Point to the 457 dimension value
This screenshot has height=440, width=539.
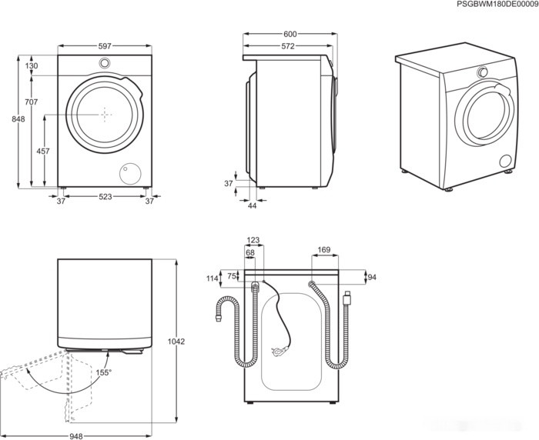(44, 152)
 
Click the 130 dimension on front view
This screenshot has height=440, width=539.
(31, 67)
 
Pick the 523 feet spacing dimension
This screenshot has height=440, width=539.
(105, 198)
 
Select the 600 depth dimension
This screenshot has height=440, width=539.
(290, 35)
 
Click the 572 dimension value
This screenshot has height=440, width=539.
(287, 47)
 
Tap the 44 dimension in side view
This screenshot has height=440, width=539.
(252, 205)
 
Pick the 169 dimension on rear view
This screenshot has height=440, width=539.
(324, 249)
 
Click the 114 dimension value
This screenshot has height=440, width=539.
(213, 278)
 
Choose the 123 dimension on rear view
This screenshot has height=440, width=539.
(254, 240)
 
